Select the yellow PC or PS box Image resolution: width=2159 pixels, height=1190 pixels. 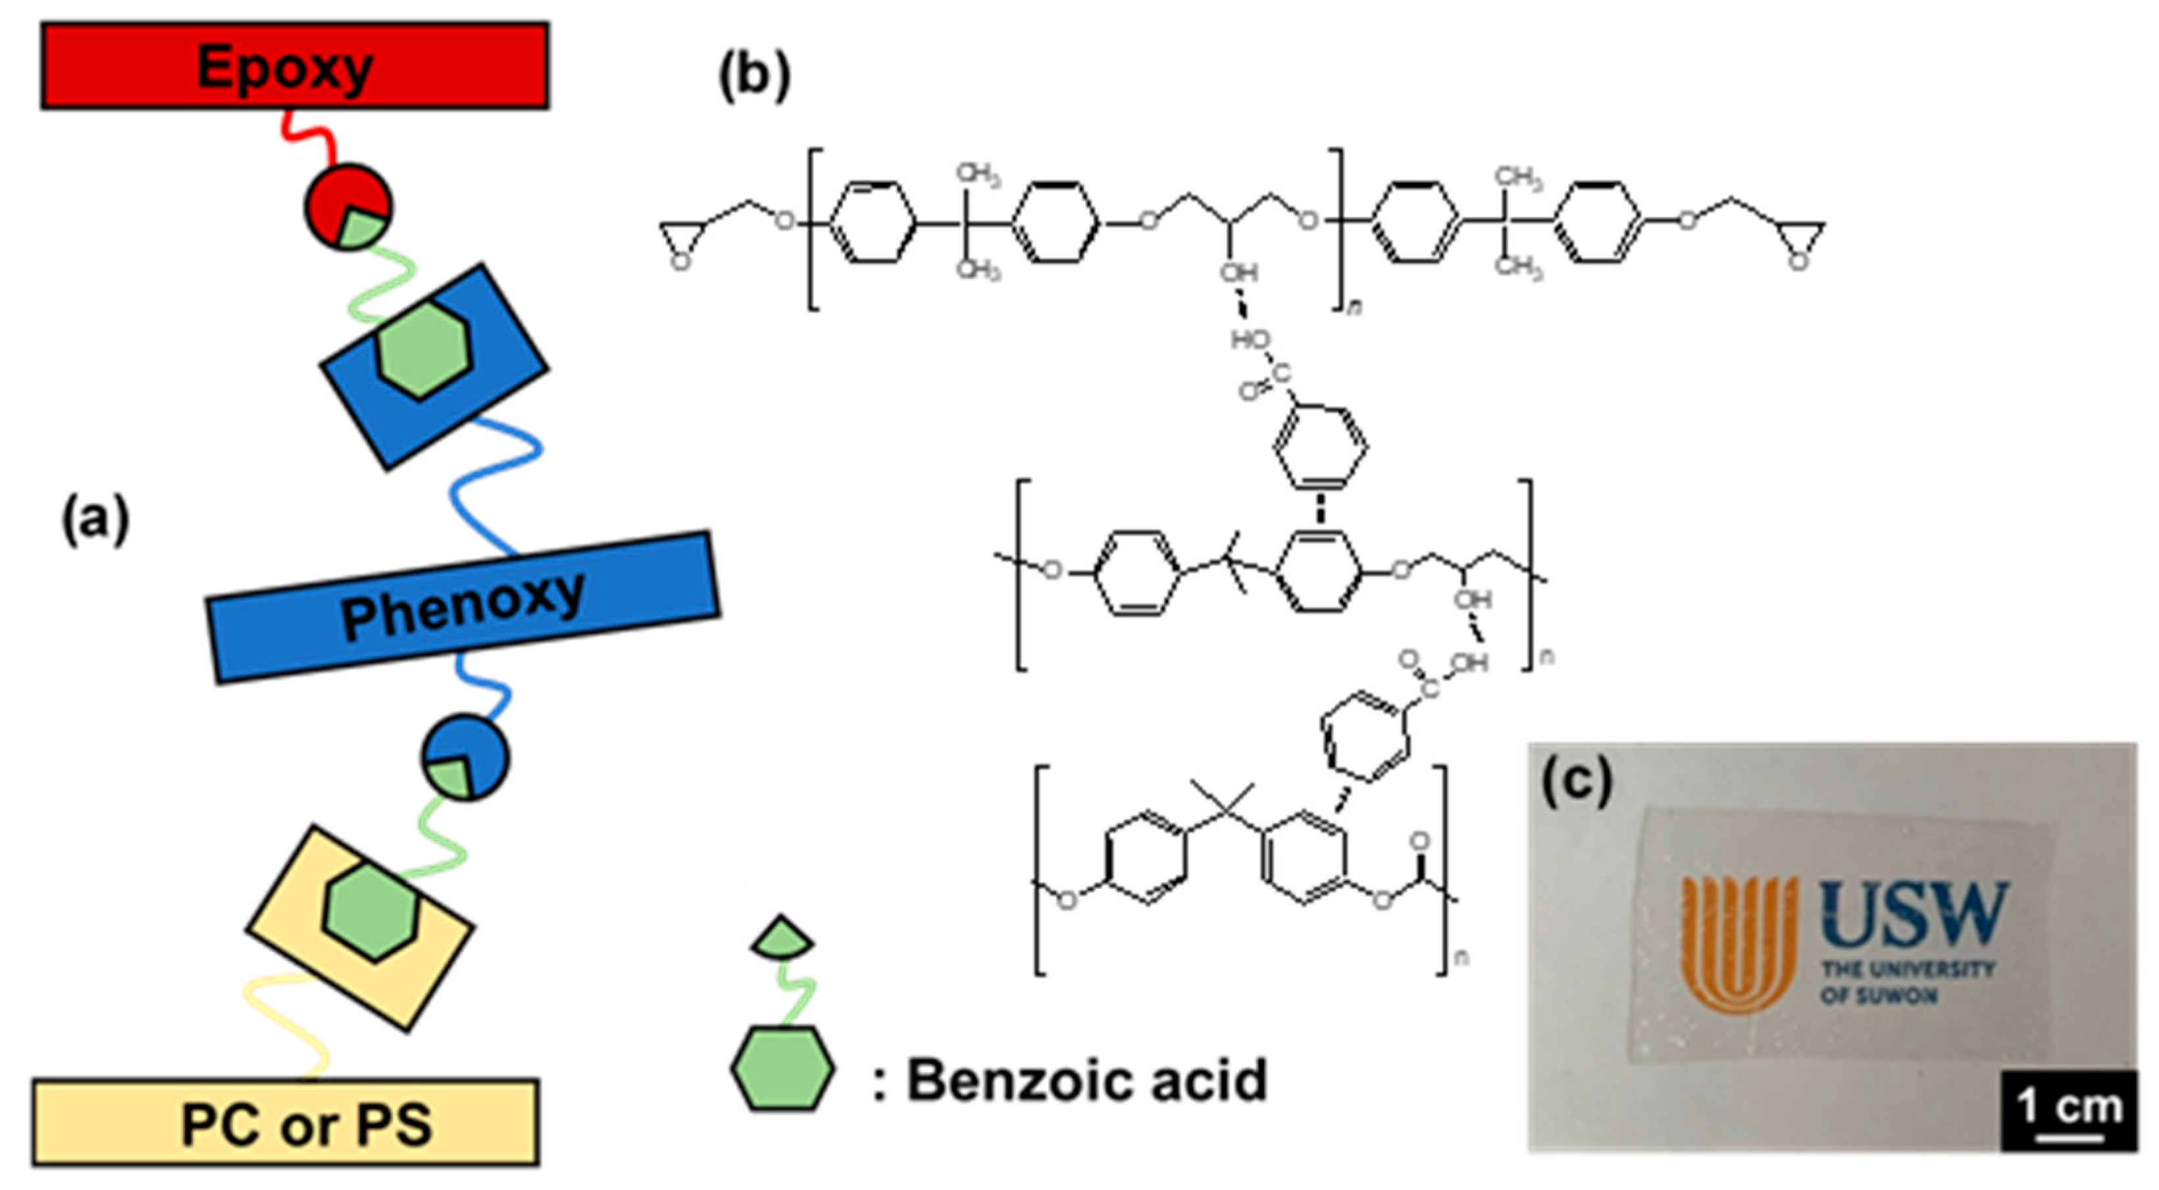[285, 1122]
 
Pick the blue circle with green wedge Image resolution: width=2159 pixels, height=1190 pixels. [465, 756]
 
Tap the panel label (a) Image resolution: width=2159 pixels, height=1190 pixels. [95, 520]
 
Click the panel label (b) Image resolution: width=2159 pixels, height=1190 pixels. [753, 76]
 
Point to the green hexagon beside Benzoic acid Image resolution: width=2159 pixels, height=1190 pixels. [782, 1068]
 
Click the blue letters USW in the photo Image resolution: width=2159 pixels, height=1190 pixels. [1914, 914]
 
